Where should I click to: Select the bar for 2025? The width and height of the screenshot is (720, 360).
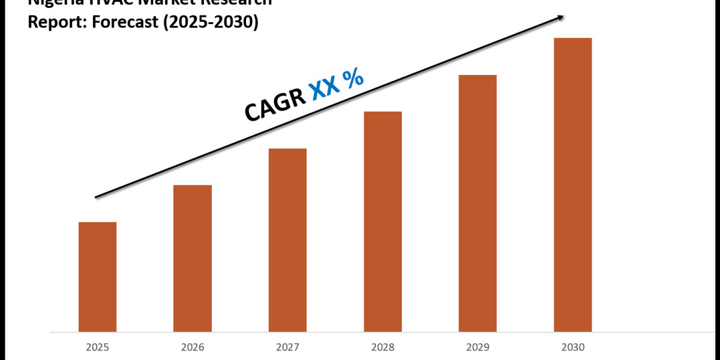[x=97, y=277]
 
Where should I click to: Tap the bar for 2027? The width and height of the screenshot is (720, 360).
[x=287, y=240]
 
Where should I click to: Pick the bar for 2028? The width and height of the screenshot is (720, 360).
[x=383, y=221]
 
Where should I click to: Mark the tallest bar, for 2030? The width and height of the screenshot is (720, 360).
[x=572, y=185]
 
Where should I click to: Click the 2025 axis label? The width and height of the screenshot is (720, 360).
[x=97, y=347]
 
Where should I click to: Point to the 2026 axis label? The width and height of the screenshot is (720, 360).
[x=193, y=347]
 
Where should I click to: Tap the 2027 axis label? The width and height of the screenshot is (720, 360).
[x=287, y=347]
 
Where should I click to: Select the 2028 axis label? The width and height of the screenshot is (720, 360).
[x=383, y=347]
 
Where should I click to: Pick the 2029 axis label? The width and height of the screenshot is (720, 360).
[x=478, y=347]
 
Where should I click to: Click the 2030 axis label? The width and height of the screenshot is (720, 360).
[x=572, y=347]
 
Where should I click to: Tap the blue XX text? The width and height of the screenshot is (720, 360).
[x=325, y=87]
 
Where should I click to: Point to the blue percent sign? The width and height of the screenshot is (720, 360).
[x=355, y=77]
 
